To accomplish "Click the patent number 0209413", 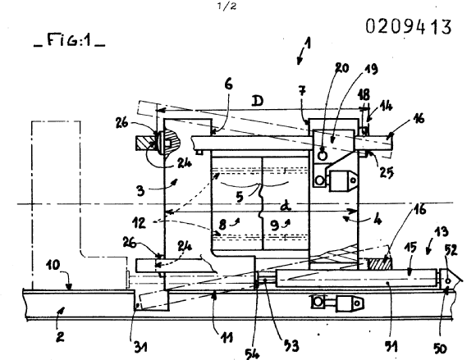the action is point(409,26).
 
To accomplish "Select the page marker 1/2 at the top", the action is point(227,6).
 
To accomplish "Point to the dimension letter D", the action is point(258,101).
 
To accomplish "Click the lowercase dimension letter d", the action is point(286,206).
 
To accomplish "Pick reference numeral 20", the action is point(342,68).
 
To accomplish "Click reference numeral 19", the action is point(371,69).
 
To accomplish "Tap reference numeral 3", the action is point(140,191).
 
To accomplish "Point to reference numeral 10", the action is point(53,265).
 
